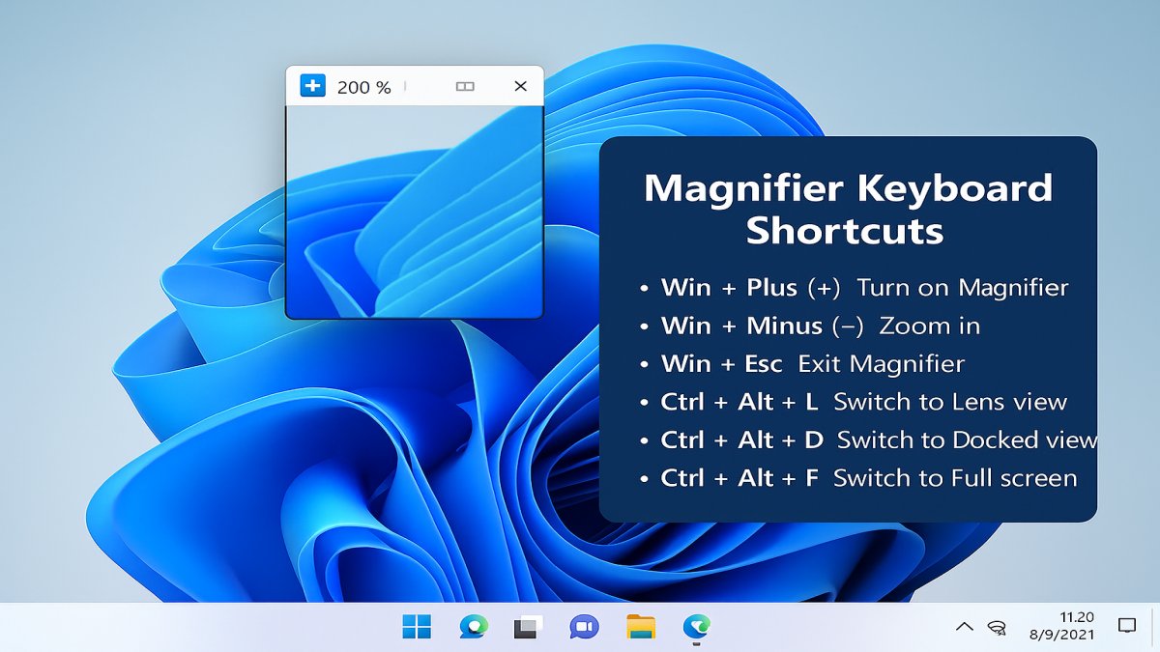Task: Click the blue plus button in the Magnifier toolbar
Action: (313, 85)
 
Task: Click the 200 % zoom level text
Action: (363, 88)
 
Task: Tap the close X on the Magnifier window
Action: (520, 86)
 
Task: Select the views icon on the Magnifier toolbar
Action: (465, 86)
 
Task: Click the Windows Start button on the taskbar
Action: (417, 627)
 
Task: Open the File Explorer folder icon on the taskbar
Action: (641, 627)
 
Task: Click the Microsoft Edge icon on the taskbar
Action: (696, 627)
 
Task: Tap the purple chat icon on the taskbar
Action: (584, 627)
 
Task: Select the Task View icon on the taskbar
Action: (528, 627)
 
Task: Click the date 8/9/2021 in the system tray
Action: (1061, 635)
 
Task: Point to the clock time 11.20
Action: (1077, 617)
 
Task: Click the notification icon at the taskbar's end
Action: (1127, 626)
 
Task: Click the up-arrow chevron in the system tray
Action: (965, 627)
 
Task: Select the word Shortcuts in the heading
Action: (845, 231)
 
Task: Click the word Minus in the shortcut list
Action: (784, 326)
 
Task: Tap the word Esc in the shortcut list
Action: (764, 364)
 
